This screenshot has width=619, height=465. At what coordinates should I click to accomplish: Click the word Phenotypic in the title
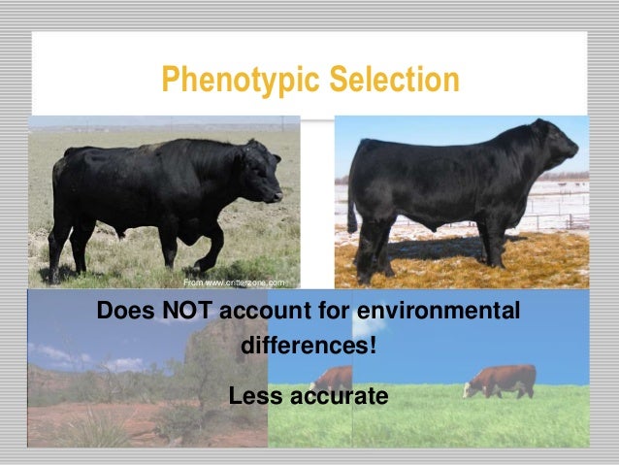pos(223,82)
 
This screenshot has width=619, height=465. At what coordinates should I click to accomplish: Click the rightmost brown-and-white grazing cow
pos(500,380)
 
